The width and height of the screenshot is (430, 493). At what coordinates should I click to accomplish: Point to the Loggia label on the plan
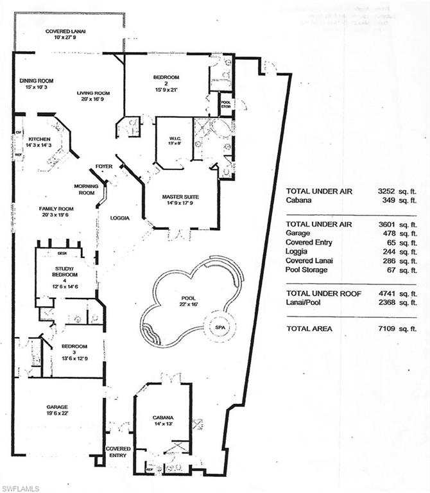(x=119, y=218)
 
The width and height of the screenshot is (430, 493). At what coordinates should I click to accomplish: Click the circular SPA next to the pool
(x=220, y=327)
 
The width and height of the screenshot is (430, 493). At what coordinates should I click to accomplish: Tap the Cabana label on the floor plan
(x=162, y=419)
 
